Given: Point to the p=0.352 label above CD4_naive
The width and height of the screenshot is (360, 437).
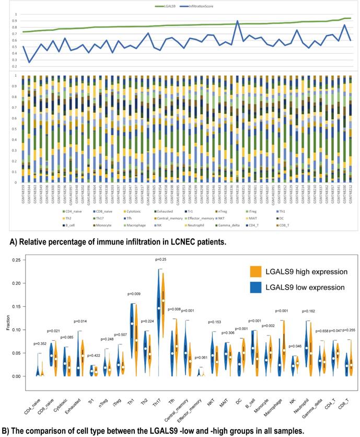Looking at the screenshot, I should tap(40, 343).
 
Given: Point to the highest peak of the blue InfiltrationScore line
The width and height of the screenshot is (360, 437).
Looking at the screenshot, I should tap(238, 21).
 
